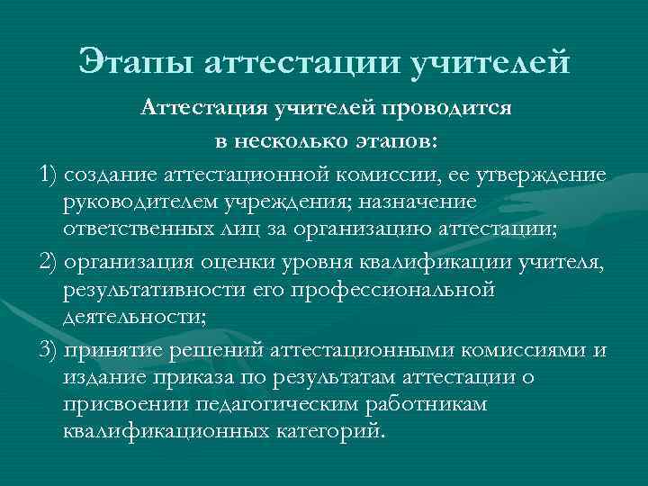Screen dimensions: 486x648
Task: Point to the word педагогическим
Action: click(278, 405)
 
